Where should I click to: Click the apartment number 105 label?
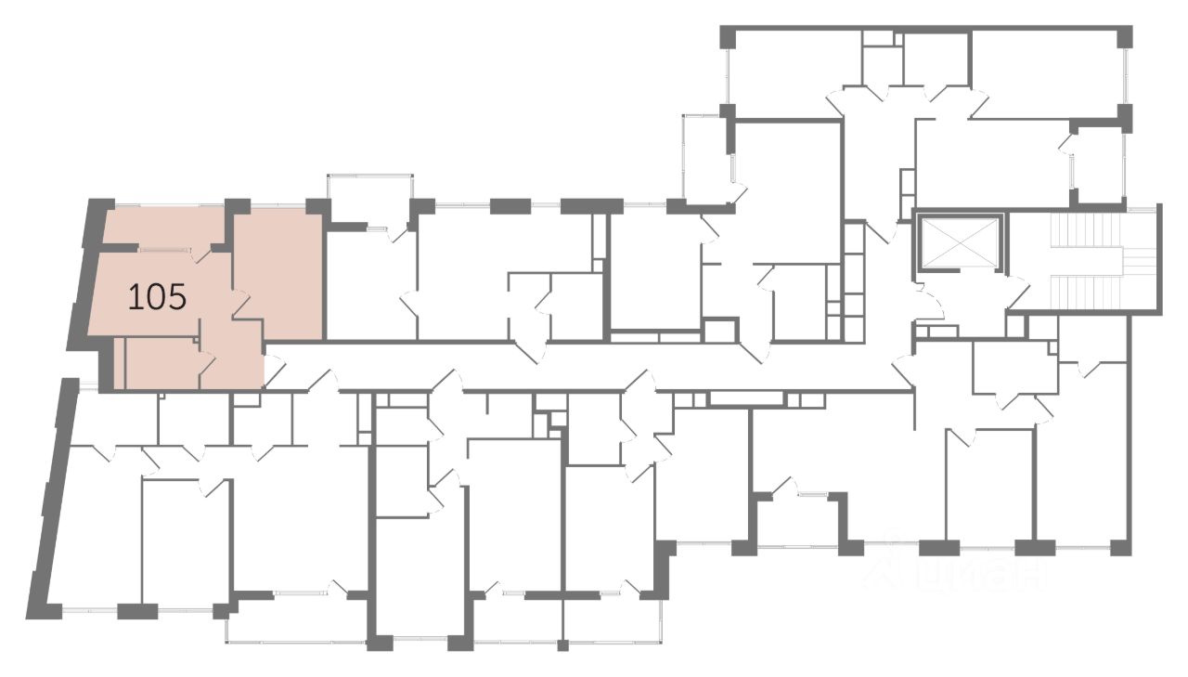[157, 297]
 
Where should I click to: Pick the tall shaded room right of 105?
[278, 269]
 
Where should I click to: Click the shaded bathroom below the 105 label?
[161, 364]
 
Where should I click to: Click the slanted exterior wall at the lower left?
[51, 492]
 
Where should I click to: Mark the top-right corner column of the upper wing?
[1125, 37]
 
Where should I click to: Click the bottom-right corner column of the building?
[1121, 547]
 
